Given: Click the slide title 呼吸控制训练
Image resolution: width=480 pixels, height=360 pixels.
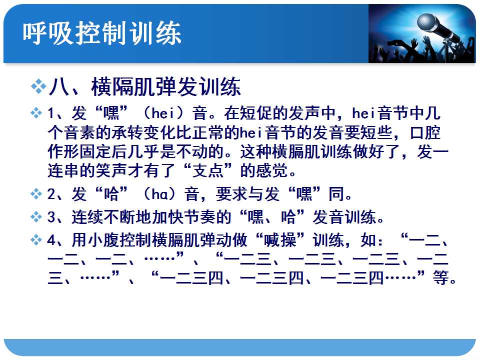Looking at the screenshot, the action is (102, 33).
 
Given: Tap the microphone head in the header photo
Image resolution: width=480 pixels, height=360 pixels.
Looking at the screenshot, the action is (426, 22).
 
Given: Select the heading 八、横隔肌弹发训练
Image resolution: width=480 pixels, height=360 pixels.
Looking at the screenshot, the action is (145, 87).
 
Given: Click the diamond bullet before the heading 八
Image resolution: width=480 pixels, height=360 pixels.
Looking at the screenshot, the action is (38, 86).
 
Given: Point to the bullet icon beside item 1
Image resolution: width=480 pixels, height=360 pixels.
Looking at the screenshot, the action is (36, 113).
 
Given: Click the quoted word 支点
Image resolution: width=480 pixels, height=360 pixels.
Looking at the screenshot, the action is (208, 170).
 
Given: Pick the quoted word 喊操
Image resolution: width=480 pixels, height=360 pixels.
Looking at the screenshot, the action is (280, 239).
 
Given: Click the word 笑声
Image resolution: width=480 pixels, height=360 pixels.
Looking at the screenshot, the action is (111, 170).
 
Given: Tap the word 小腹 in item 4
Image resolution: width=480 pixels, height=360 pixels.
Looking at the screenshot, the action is (104, 239).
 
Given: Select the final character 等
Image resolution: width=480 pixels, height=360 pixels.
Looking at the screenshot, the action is (441, 277).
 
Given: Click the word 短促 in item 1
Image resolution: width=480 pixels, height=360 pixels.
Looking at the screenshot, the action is (256, 113).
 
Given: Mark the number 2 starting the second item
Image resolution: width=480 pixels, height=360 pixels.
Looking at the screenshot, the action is (51, 194).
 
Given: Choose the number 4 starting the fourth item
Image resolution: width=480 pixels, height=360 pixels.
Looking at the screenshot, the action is (51, 240).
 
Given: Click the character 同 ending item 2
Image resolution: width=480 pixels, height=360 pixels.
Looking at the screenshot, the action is (336, 194).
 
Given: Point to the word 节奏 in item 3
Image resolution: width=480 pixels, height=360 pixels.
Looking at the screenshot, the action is (200, 216).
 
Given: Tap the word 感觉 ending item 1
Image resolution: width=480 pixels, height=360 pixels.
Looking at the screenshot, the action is (272, 170).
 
